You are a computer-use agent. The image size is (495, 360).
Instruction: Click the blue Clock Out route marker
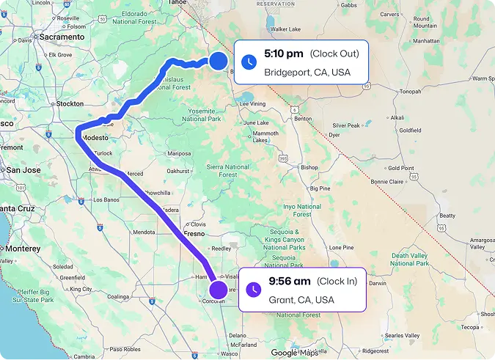click(x=218, y=62)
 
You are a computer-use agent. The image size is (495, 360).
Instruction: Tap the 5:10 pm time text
click(x=284, y=54)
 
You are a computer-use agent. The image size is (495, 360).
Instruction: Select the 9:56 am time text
click(x=290, y=281)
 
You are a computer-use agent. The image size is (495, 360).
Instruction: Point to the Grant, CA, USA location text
click(x=301, y=300)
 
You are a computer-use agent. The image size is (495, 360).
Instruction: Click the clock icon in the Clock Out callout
click(x=250, y=62)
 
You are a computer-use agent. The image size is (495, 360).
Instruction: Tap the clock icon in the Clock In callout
click(x=254, y=290)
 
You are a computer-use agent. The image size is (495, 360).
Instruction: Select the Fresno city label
click(x=194, y=233)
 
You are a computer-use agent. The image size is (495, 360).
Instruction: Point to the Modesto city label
click(x=95, y=138)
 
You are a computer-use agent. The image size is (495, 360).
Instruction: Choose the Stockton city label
click(x=70, y=104)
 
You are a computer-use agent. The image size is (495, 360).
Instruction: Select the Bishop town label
click(x=309, y=167)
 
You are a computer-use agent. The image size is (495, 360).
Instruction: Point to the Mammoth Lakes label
click(x=265, y=136)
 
